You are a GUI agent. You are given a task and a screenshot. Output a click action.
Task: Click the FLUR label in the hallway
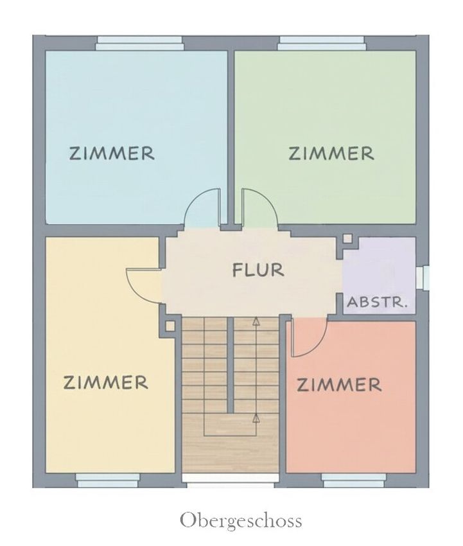pyautogui.click(x=258, y=270)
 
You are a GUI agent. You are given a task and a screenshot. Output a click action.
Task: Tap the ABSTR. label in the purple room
pyautogui.click(x=377, y=302)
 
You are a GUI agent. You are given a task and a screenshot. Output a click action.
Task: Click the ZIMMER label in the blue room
pyautogui.click(x=112, y=154)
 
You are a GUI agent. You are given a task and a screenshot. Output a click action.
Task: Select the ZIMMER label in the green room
pyautogui.click(x=331, y=154)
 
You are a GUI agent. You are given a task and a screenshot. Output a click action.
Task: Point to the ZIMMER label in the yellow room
pyautogui.click(x=105, y=382)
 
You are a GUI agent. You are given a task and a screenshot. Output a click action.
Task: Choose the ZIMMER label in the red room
pyautogui.click(x=339, y=385)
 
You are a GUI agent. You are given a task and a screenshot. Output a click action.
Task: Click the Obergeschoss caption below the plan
pyautogui.click(x=241, y=522)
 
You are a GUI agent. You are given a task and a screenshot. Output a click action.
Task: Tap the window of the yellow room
pyautogui.click(x=107, y=480)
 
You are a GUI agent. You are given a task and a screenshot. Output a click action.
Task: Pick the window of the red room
pyautogui.click(x=353, y=480)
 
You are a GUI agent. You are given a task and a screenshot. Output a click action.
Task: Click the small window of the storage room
pyautogui.click(x=423, y=277)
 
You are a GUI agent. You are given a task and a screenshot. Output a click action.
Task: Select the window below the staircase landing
pyautogui.click(x=231, y=480)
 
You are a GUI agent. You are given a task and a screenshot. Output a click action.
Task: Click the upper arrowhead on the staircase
pyautogui.click(x=256, y=321)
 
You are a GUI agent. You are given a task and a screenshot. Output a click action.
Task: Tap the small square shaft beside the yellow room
pyautogui.click(x=170, y=326)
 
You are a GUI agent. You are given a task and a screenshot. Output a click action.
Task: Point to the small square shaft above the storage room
pyautogui.click(x=347, y=239)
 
